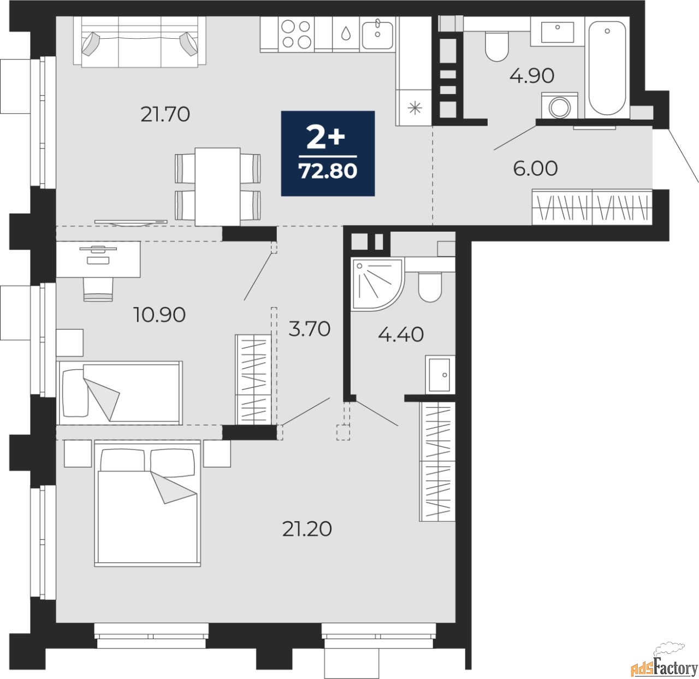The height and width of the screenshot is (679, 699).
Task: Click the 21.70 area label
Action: tap(165, 115)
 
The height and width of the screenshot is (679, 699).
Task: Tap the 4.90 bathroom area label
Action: tap(531, 76)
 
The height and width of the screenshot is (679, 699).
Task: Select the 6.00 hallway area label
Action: tap(535, 168)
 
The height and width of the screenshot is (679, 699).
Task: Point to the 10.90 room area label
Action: tap(159, 314)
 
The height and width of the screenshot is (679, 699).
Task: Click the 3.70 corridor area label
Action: tap(309, 329)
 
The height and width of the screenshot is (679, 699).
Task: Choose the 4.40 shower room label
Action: tap(401, 334)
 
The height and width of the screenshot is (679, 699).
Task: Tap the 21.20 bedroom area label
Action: tap(307, 529)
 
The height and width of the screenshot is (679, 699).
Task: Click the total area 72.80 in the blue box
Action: tap(328, 171)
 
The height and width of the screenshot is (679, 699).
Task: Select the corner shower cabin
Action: tap(378, 284)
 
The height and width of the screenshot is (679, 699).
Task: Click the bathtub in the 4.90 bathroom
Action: tap(607, 68)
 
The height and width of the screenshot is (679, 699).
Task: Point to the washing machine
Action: tap(559, 105)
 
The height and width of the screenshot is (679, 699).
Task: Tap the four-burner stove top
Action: tap(296, 34)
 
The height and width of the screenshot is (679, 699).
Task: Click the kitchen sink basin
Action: tap(377, 34)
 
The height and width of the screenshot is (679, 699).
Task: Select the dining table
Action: tap(218, 186)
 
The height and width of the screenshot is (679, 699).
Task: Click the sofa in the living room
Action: tap(140, 42)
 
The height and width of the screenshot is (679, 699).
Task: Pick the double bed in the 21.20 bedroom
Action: tap(147, 503)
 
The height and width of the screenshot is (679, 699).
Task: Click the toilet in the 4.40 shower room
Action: tap(430, 287)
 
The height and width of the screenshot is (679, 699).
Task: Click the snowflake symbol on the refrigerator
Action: tap(415, 108)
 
